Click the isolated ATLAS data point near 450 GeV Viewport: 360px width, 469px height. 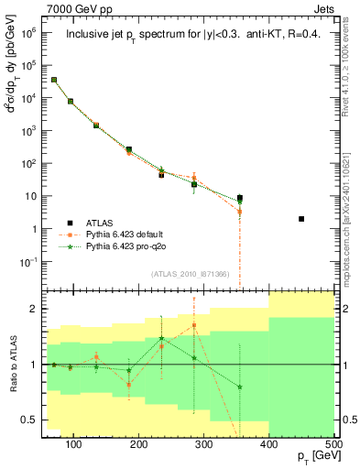(x=301, y=219)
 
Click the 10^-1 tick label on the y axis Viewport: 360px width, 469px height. (x=33, y=262)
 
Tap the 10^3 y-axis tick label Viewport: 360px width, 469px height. (x=34, y=130)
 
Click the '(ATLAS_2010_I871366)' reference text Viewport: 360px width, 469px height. (x=167, y=274)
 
